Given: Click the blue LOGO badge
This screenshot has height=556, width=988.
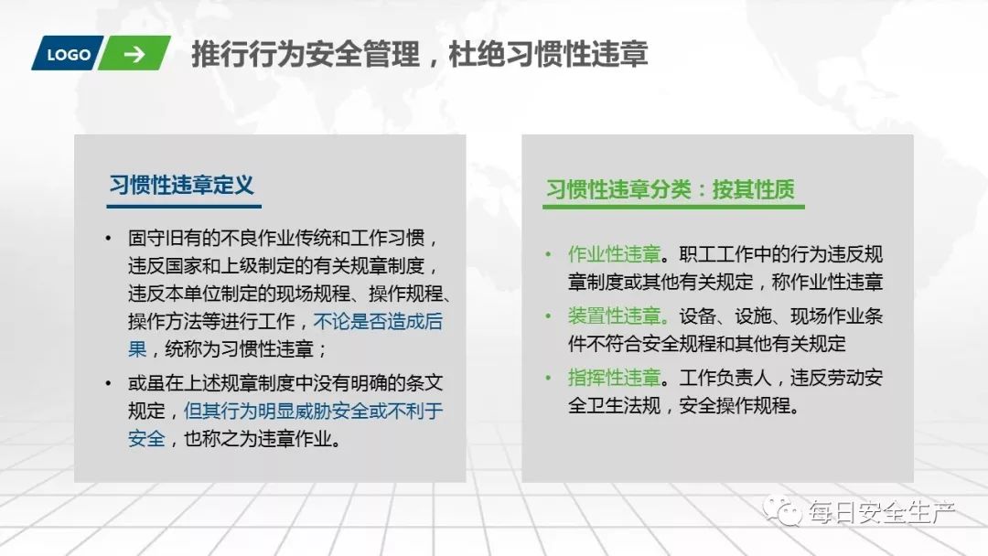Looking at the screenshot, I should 68,54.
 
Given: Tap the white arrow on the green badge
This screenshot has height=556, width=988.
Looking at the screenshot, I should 134,54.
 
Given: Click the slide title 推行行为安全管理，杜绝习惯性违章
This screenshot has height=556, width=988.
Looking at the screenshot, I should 420,54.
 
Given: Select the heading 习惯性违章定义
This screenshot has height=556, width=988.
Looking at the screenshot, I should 181,185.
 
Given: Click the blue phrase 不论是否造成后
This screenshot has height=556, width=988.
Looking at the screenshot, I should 378,322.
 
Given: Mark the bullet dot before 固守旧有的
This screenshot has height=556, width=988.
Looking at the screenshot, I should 110,240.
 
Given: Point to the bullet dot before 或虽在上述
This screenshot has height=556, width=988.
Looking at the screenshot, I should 110,383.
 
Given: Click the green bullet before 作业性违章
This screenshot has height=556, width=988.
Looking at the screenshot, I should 548,254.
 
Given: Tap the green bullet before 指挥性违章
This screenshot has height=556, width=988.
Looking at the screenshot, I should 548,378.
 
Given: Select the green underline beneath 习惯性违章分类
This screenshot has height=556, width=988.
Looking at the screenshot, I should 673,208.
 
